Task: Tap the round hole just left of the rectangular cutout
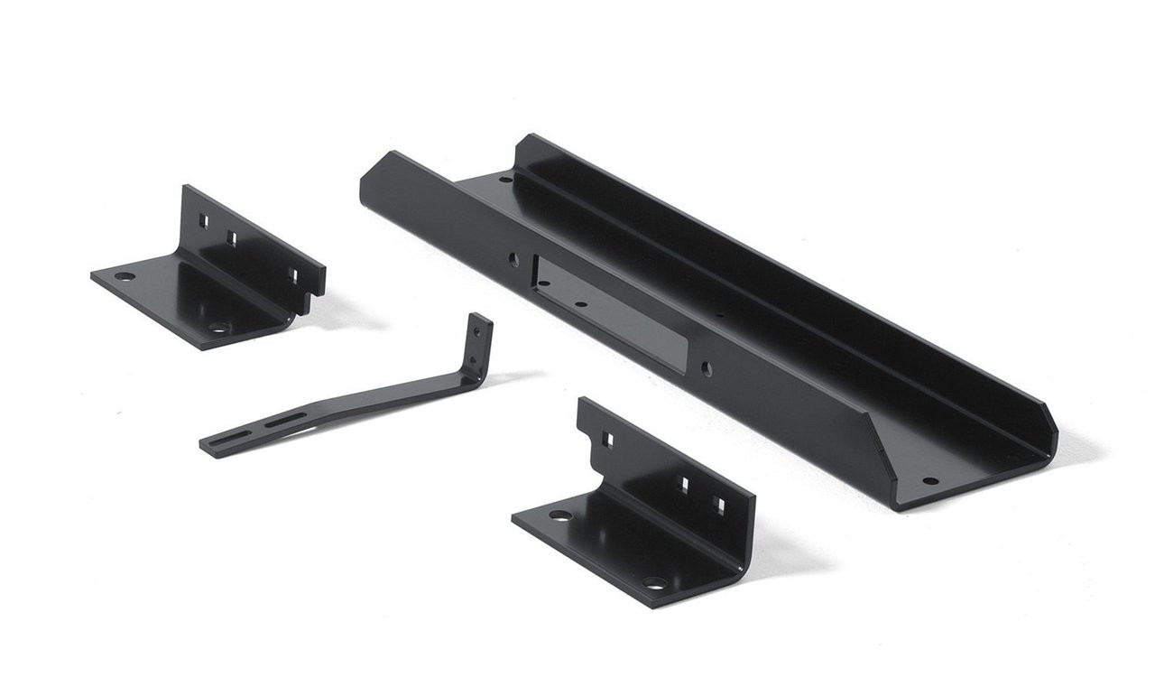pos(513,258)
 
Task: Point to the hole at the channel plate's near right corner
pos(929,480)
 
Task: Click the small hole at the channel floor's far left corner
pos(507,179)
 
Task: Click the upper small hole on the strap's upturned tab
pos(477,331)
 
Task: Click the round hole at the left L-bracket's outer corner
pos(125,276)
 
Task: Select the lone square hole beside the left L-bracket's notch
pos(292,273)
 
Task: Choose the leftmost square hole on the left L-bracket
pos(205,218)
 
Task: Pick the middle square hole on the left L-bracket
pos(231,237)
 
